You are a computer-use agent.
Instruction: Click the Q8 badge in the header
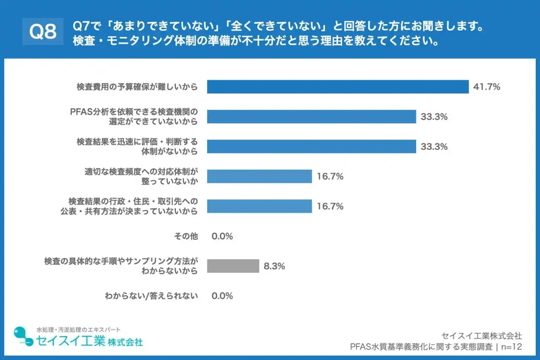point(43,32)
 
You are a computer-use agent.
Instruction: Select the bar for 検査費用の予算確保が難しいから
point(337,87)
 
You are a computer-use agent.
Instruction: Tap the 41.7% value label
point(486,87)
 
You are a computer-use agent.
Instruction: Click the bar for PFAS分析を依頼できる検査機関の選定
point(311,117)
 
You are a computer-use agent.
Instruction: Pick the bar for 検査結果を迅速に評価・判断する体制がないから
point(311,146)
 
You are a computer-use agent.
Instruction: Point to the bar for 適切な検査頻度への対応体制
point(259,176)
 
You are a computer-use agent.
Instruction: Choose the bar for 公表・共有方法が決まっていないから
point(259,206)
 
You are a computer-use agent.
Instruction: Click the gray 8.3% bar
point(233,266)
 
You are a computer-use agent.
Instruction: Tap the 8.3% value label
point(274,266)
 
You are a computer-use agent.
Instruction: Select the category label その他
point(186,236)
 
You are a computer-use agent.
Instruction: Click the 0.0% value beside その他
point(222,236)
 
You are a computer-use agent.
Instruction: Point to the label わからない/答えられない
point(151,296)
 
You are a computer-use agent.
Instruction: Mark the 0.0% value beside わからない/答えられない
point(222,296)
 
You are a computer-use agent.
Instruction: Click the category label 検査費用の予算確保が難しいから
point(137,87)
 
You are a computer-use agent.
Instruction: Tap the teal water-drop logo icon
point(23,337)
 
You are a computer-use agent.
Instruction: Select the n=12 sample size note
point(511,347)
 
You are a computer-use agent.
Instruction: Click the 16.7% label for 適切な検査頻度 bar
point(330,176)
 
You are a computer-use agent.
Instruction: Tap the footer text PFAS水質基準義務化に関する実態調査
point(421,347)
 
